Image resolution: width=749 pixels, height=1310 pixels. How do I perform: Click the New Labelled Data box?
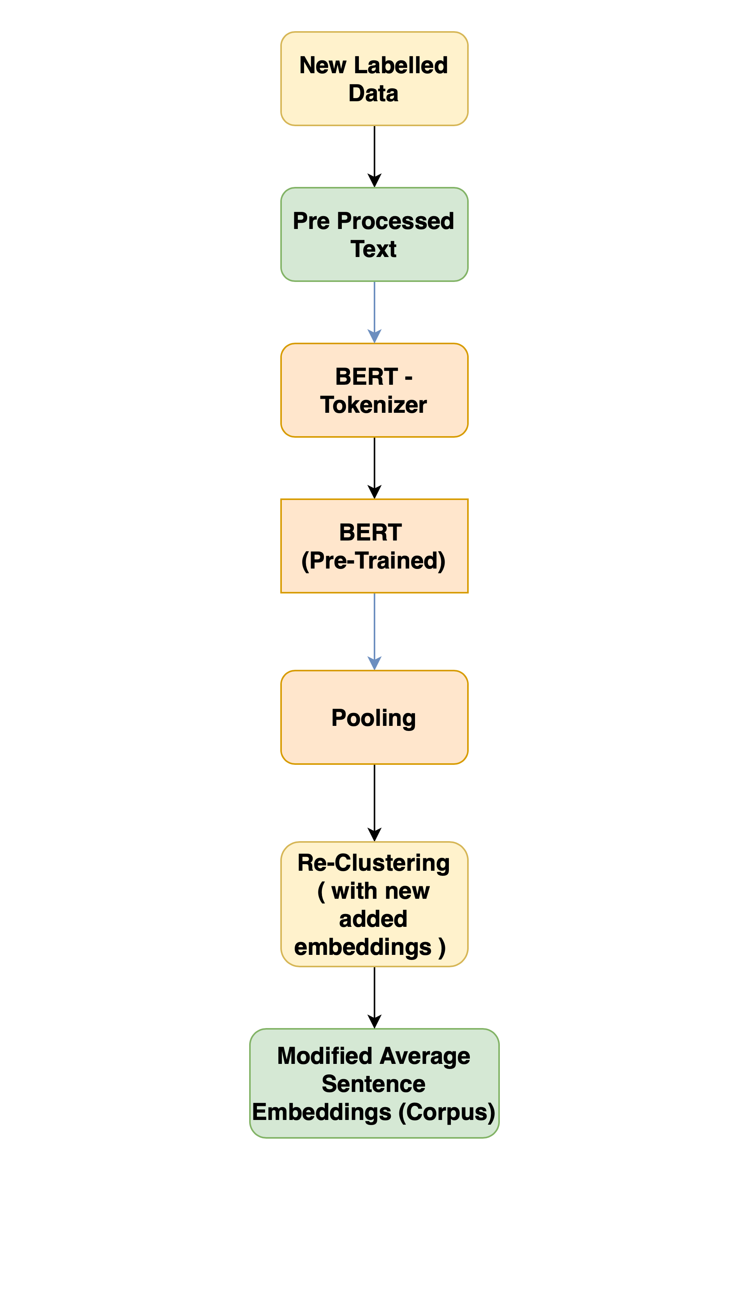[374, 79]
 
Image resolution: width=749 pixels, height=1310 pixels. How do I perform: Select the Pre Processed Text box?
[374, 235]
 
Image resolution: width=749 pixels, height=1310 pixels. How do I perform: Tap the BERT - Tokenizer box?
[374, 391]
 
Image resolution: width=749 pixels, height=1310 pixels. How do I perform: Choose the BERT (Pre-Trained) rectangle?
[374, 546]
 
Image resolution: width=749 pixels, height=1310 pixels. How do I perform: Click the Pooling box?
[374, 717]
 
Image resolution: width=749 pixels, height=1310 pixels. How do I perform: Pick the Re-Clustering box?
[374, 904]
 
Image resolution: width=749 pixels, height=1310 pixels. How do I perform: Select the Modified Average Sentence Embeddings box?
[374, 1083]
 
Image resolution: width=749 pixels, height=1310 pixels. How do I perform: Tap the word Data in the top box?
[373, 93]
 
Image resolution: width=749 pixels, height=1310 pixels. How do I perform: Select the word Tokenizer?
[373, 405]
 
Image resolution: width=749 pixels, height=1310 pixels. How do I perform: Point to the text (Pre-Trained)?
[373, 560]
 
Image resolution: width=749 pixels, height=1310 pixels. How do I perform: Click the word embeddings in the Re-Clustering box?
[363, 947]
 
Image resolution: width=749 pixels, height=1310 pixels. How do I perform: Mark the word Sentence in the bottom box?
[373, 1084]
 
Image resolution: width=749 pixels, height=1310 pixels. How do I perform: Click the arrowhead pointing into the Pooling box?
[374, 664]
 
